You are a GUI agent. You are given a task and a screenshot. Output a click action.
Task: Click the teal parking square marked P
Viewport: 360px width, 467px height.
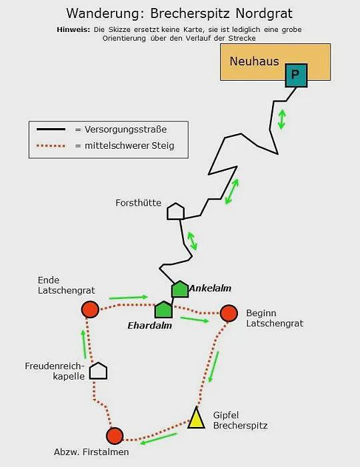[x=296, y=75]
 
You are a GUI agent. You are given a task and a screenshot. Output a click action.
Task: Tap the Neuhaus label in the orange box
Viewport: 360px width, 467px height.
[x=255, y=61]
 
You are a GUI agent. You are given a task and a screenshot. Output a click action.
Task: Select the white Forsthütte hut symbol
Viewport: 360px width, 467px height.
[x=176, y=211]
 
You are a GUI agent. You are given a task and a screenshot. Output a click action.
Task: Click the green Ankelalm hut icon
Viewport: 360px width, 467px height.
[x=180, y=289]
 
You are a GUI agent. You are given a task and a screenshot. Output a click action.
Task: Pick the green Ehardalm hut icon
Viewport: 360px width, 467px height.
[x=163, y=310]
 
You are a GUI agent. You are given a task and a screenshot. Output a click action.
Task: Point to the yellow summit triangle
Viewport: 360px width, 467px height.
[x=197, y=418]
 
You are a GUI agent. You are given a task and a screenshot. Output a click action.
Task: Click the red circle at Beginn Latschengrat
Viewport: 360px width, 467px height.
[x=229, y=313]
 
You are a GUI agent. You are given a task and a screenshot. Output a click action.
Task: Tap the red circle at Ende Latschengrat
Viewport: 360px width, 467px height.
[x=90, y=310]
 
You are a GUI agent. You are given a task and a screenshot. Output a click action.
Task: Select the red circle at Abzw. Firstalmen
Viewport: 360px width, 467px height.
[x=115, y=436]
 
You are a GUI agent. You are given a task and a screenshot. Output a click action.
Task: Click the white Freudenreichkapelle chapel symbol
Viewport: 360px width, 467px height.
[x=99, y=371]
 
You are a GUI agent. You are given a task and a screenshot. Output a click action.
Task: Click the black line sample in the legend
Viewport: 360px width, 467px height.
[x=51, y=129]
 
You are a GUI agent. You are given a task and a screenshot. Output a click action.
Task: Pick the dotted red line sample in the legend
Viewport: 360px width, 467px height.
[x=51, y=146]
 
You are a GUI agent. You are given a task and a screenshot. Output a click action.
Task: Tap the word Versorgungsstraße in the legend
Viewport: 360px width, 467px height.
[x=125, y=129]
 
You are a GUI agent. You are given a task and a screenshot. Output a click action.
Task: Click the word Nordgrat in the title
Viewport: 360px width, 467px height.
[x=264, y=13]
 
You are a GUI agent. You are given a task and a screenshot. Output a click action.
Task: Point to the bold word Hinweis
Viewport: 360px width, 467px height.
[x=73, y=29]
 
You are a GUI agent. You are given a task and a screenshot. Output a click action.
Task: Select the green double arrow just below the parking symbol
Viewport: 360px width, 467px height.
[x=282, y=119]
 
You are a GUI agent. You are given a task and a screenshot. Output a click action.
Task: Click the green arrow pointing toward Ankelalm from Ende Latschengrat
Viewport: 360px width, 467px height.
[x=129, y=298]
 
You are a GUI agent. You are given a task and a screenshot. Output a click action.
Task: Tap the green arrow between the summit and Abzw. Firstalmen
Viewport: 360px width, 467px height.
[x=159, y=438]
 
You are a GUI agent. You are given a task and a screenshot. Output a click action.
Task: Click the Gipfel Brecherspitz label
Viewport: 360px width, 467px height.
[x=240, y=420]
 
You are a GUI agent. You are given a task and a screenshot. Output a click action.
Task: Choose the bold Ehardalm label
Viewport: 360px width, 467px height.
[x=149, y=326]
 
